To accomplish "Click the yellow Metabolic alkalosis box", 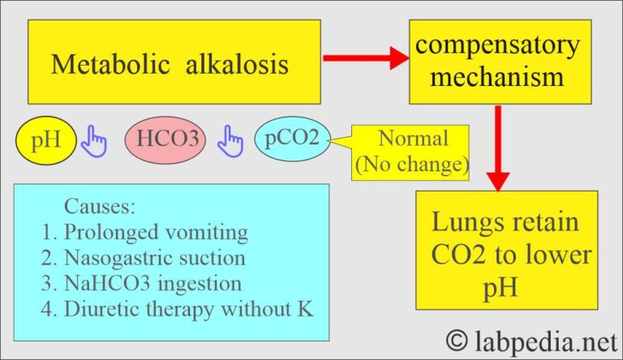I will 170,62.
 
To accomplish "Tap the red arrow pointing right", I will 365,58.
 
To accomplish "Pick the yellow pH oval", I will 45,143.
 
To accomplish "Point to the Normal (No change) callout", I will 411,151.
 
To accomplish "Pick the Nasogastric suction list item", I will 144,258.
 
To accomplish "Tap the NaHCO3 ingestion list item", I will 141,284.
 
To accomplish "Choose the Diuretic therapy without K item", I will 178,309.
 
